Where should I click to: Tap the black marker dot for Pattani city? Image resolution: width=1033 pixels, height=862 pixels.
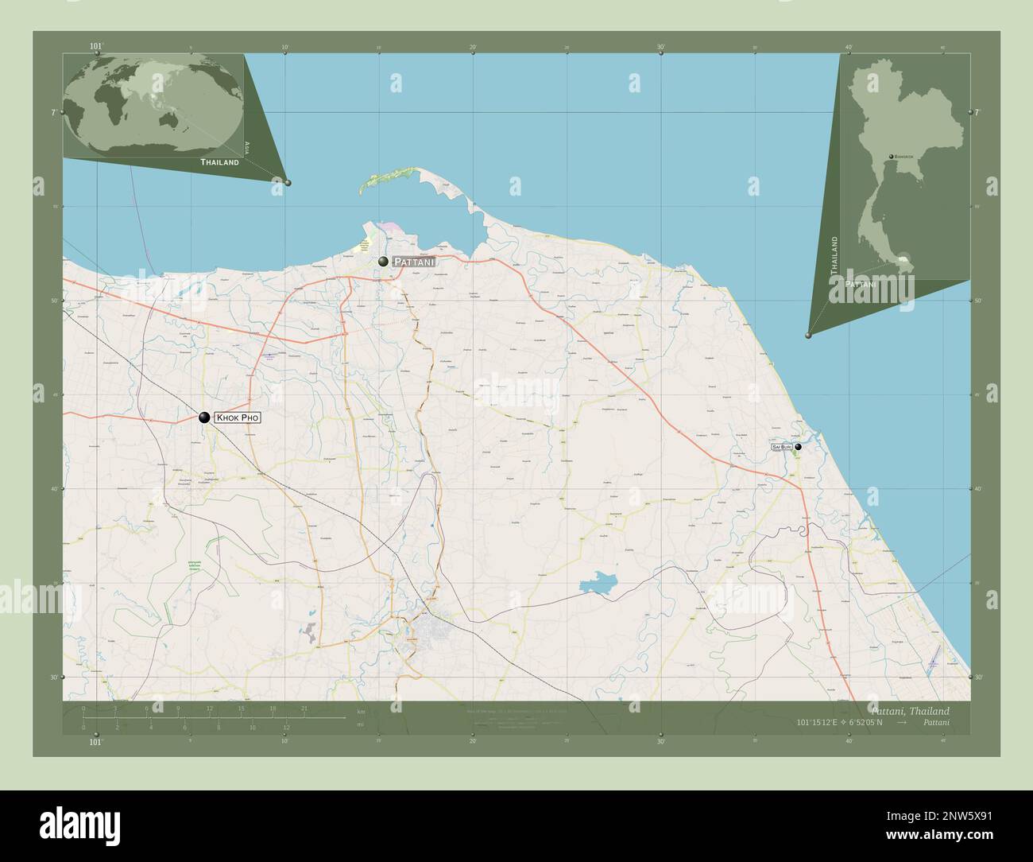click(384, 261)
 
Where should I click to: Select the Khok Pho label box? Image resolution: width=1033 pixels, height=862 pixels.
click(238, 417)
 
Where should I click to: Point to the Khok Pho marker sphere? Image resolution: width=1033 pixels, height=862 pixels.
click(204, 417)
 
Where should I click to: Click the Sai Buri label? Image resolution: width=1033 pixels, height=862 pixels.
click(781, 448)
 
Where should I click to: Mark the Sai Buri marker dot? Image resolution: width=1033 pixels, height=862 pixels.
click(799, 447)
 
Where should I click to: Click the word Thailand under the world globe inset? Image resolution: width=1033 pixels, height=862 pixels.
click(219, 161)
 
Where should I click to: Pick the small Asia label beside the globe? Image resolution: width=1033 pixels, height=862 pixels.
click(247, 146)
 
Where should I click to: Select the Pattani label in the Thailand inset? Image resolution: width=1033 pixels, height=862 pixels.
click(861, 283)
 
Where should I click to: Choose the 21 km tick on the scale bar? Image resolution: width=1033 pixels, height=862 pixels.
click(304, 709)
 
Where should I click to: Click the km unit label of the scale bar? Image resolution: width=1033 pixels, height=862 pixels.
click(362, 711)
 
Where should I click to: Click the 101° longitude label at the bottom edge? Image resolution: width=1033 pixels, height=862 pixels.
click(95, 742)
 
